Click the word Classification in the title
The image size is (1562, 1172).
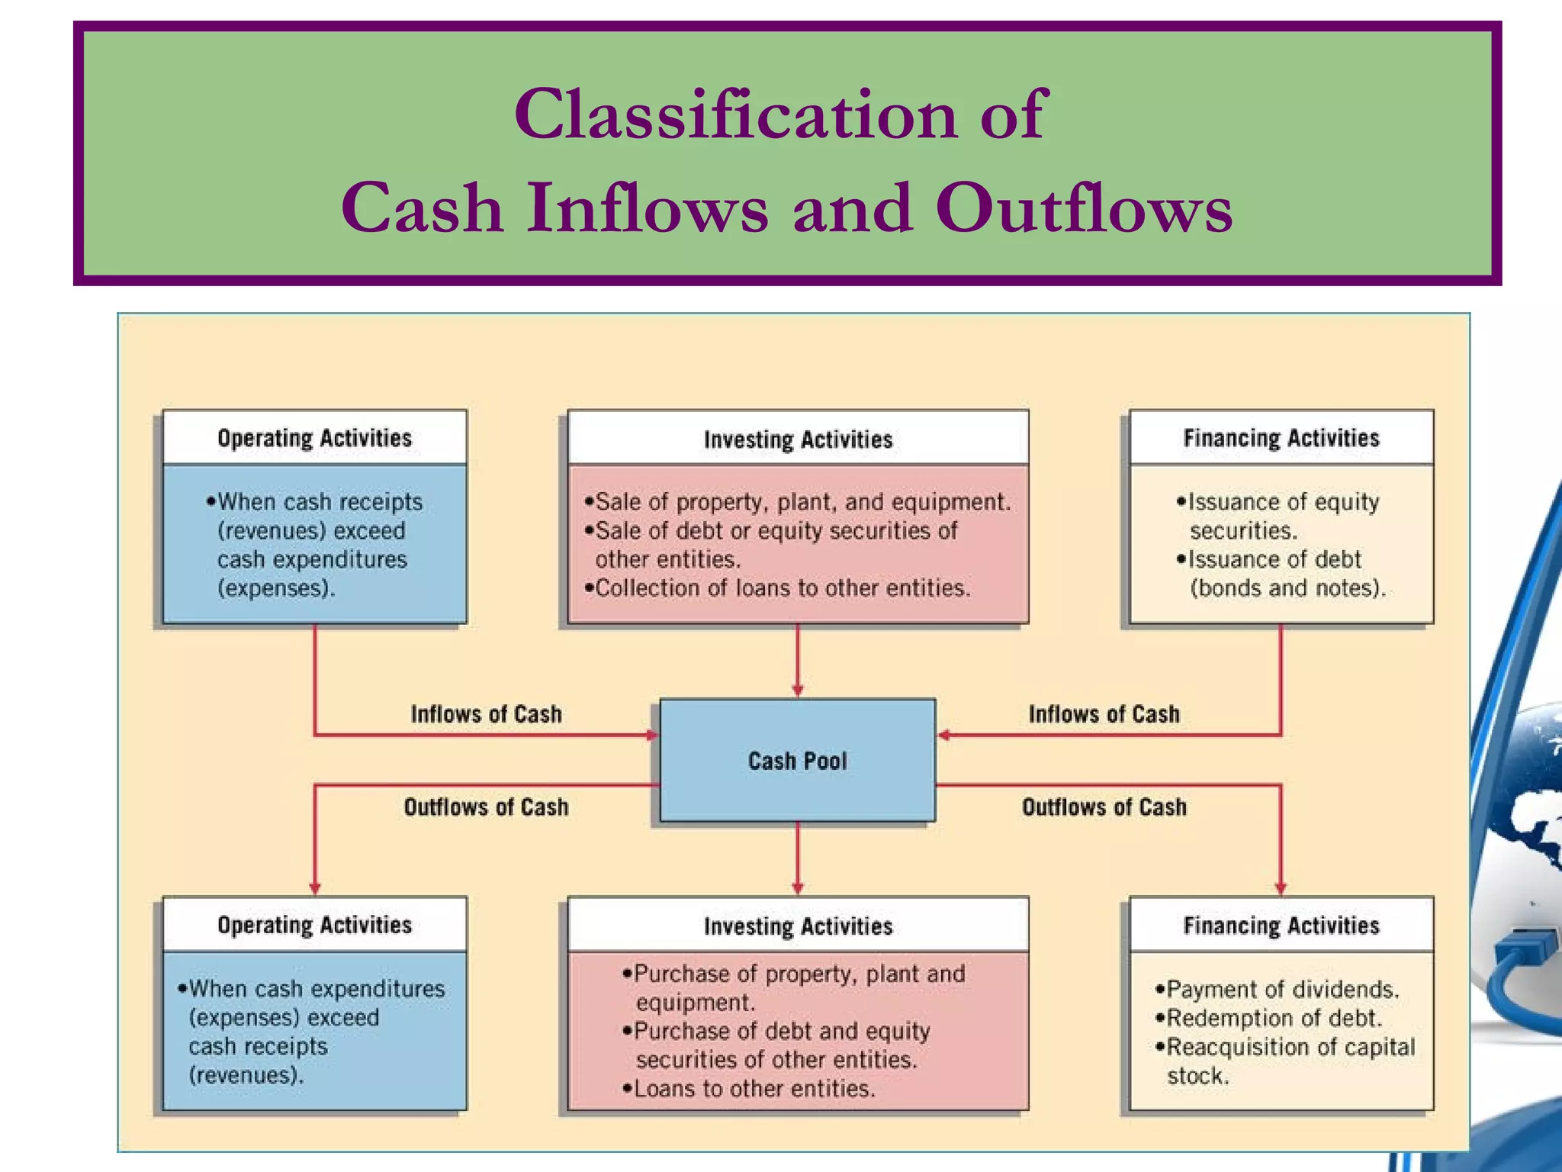(x=734, y=114)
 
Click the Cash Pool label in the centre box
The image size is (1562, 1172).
(x=797, y=761)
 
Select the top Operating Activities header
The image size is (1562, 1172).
(x=314, y=438)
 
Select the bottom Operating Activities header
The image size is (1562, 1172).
(x=314, y=925)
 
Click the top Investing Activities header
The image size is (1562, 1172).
(x=798, y=439)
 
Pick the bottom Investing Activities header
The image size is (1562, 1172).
(x=798, y=926)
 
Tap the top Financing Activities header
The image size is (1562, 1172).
(x=1281, y=438)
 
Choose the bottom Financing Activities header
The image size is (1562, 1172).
(x=1281, y=926)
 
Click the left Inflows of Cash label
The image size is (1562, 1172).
(x=486, y=714)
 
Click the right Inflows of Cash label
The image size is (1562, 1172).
(x=1104, y=714)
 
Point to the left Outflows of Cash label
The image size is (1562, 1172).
(x=486, y=807)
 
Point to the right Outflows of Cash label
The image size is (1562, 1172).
(x=1104, y=807)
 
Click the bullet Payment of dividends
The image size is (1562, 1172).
(x=1278, y=990)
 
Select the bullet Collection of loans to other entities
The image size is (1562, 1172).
(x=778, y=588)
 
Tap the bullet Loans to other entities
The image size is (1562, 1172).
(x=749, y=1089)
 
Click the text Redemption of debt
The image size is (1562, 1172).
(x=1269, y=1019)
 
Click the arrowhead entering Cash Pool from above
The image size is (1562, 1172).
(x=798, y=691)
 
